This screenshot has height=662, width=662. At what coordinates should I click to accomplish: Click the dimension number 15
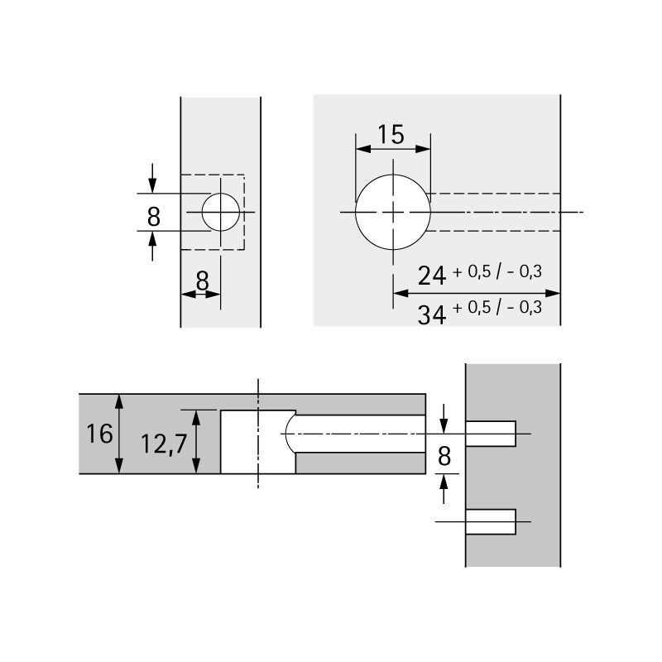pos(391,134)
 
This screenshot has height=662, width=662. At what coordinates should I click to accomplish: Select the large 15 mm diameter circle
pos(392,213)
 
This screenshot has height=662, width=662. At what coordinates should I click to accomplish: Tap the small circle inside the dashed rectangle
pos(221,213)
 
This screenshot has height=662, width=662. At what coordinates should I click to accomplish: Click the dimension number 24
pos(432,276)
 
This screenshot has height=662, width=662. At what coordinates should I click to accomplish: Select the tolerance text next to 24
pos(497,271)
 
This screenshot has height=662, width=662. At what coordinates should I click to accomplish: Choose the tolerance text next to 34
pos(497,308)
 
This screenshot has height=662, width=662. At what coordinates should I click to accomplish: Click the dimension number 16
pos(98,434)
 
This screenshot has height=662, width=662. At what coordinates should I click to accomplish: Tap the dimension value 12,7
pos(161,444)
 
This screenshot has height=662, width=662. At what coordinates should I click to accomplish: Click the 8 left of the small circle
pos(153,217)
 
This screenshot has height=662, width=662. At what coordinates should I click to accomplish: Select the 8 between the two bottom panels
pos(444,456)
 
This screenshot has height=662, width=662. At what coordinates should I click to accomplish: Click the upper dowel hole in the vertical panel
pos(491,434)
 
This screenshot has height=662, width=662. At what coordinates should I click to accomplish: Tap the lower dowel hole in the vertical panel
pos(491,522)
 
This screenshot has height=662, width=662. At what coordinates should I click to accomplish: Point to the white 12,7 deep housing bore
pos(257,442)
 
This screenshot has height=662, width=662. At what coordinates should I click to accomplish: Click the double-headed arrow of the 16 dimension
pos(121,434)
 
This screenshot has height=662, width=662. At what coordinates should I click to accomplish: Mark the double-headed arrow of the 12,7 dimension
pos(198,442)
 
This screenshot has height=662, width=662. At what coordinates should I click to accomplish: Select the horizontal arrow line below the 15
pos(392,150)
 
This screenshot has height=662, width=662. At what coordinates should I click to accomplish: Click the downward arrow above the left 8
pos(152,178)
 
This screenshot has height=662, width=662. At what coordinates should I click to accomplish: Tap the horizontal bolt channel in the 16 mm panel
pos(360,434)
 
